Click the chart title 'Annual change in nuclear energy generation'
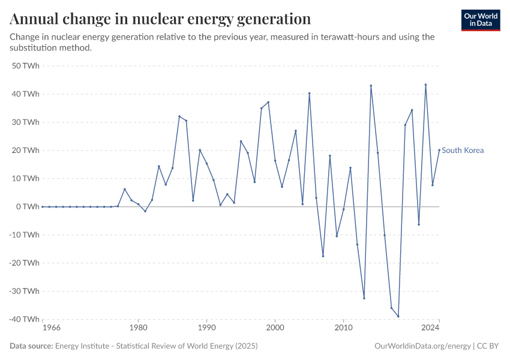point(160,19)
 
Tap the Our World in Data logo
point(481,20)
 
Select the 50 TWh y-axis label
point(25,65)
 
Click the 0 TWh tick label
point(28,206)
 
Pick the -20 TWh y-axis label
point(24,263)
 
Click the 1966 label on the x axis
point(43,328)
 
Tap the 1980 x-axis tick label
point(138,328)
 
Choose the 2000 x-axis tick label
point(275,328)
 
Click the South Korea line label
point(463,151)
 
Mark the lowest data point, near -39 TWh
point(398,316)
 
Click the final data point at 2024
point(439,150)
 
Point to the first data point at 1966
point(43,206)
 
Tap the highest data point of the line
point(425,85)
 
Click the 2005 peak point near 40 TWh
point(309,93)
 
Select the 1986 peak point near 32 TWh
point(179,116)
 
